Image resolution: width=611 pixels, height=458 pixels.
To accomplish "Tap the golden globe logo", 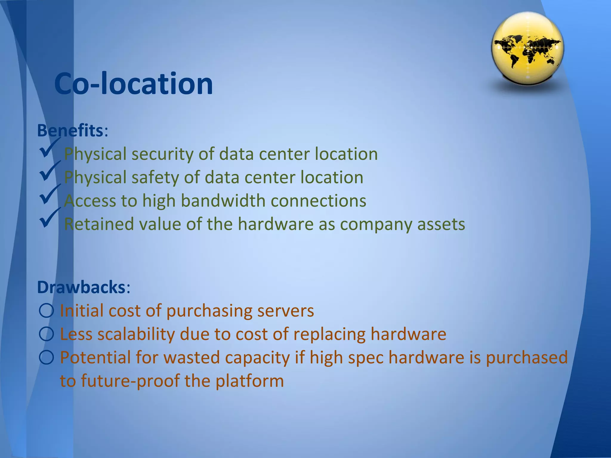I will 527,48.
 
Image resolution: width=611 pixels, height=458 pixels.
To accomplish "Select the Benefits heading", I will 70,131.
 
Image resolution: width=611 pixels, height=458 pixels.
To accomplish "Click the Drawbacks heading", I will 81,287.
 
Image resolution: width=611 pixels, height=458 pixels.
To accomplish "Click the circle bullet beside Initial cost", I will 46,311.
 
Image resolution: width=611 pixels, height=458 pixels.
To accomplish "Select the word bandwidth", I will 223,201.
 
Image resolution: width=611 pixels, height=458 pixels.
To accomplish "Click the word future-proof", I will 130,381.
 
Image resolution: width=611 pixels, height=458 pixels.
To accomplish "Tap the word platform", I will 249,381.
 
